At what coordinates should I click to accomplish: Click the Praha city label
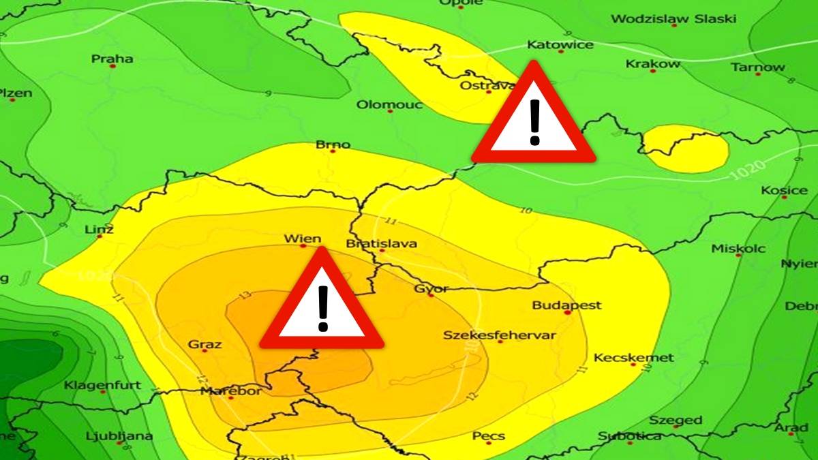point(112,59)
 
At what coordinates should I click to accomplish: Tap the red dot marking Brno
point(333,151)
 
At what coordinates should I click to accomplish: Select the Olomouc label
point(389,105)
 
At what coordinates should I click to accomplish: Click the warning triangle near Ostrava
point(534,120)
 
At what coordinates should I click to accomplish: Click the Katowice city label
point(560,45)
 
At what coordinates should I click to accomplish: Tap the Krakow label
point(652,64)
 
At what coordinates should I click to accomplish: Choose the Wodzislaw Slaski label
point(673,19)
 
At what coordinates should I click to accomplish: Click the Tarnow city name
point(758,67)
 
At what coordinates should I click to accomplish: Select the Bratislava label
point(382,243)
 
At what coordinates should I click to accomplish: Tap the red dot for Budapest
point(567,313)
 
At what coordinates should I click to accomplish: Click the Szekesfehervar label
point(500,335)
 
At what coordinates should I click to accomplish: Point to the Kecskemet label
point(633,358)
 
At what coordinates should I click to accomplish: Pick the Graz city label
point(204,344)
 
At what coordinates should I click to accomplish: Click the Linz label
point(100,229)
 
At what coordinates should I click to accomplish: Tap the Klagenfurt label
point(102,386)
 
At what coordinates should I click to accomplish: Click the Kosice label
point(784,191)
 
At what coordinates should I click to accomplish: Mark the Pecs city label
point(489,436)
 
